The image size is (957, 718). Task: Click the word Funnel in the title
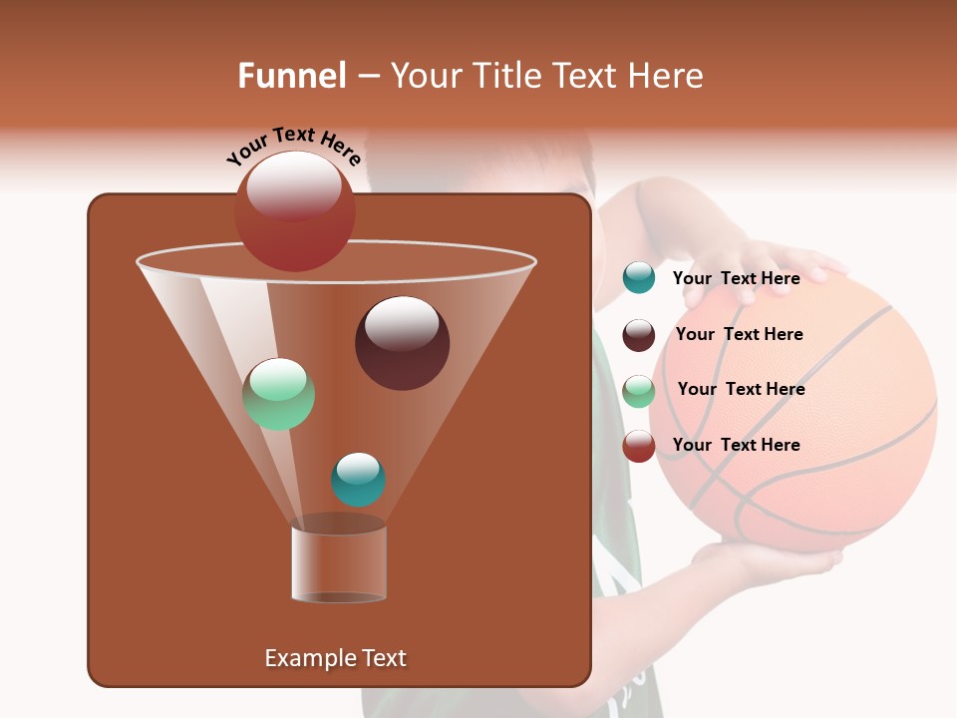(x=291, y=76)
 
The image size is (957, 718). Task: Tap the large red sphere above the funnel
(x=294, y=210)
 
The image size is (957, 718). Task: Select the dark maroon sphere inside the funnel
(x=402, y=343)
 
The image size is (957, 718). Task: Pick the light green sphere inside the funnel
(x=278, y=394)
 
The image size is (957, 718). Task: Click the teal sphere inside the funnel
(x=358, y=480)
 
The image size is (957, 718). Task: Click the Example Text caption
(x=335, y=658)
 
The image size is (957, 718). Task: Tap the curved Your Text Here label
(x=293, y=146)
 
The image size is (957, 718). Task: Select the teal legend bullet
(x=639, y=278)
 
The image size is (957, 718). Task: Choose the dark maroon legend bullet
(x=639, y=335)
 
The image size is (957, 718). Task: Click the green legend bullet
(x=639, y=391)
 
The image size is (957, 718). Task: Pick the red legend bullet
(x=639, y=446)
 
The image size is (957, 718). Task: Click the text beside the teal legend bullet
(x=736, y=278)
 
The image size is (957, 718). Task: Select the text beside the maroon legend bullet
(x=739, y=334)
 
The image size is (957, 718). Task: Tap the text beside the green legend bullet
(x=741, y=389)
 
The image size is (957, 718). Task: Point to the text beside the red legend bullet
(x=736, y=445)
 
